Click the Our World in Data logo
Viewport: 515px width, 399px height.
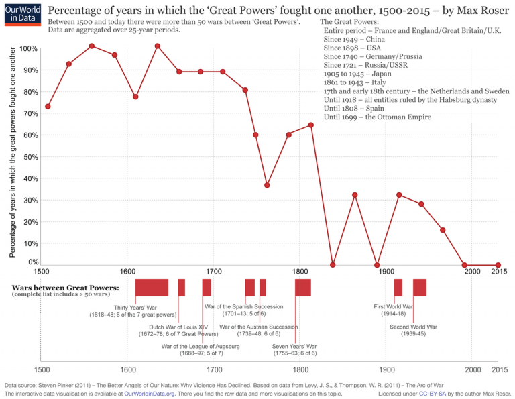[x=21, y=14]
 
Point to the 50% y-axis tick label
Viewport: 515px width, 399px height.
[x=30, y=157]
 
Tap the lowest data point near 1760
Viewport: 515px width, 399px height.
[x=267, y=185]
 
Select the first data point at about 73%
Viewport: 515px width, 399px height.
[x=48, y=107]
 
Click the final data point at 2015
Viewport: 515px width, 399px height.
[x=498, y=265]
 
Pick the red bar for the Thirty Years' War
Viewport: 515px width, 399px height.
[x=152, y=287]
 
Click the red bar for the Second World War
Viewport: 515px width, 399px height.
[x=420, y=287]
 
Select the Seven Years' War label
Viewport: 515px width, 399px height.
[x=294, y=349]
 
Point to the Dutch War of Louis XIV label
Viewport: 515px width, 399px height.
[x=178, y=330]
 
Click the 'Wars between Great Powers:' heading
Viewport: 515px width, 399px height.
[x=66, y=288]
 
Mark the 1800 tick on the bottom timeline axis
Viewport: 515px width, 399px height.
[x=300, y=369]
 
